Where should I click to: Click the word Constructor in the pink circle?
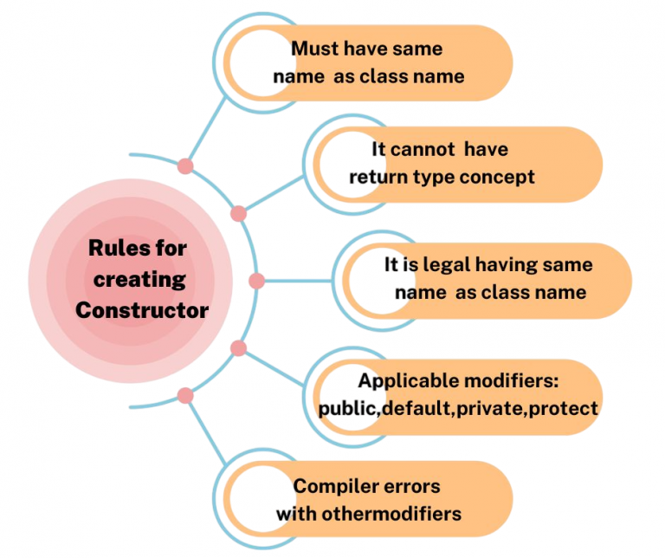[x=141, y=309]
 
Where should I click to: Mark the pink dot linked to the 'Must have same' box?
[x=185, y=166]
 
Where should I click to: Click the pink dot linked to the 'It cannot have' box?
[x=239, y=213]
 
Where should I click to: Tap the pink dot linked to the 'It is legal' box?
[x=256, y=281]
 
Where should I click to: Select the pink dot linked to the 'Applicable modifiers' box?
[x=239, y=348]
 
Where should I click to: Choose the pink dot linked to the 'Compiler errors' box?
[x=185, y=395]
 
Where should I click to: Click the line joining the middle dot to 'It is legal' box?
[x=299, y=281]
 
